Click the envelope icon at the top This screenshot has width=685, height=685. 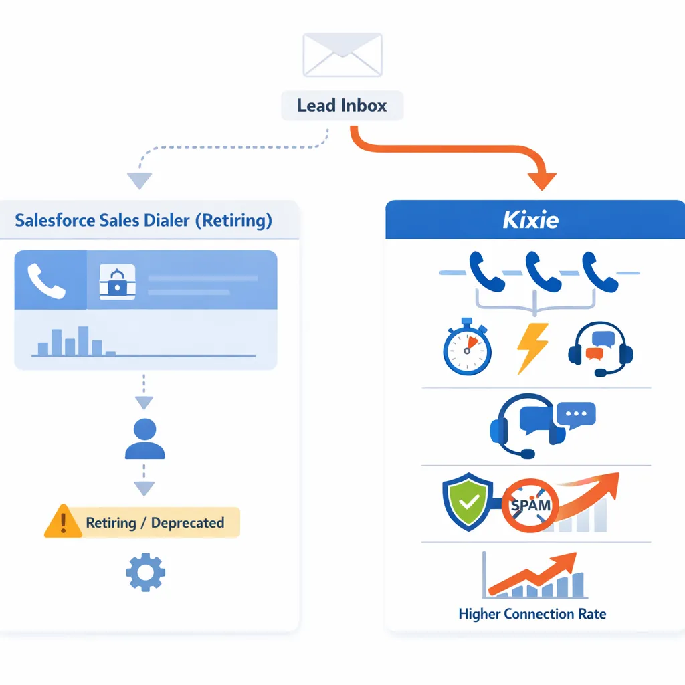(x=342, y=55)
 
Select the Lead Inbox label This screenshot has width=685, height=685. (x=342, y=106)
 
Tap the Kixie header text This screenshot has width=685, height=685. (x=530, y=220)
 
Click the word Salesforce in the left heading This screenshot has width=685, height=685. (x=56, y=221)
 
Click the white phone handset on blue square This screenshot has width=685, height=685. (x=47, y=280)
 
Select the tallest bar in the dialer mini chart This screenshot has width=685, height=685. (x=83, y=340)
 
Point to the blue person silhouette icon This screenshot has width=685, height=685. (x=144, y=439)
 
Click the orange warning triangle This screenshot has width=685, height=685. (x=63, y=522)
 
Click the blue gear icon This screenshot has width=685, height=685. (x=145, y=572)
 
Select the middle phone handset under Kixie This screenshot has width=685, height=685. (x=543, y=270)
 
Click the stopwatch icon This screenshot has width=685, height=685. (x=466, y=350)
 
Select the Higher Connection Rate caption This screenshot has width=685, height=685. (x=532, y=613)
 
